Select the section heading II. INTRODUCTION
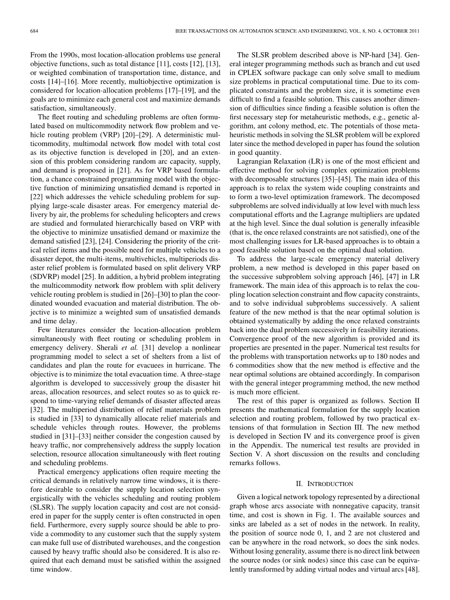324,484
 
